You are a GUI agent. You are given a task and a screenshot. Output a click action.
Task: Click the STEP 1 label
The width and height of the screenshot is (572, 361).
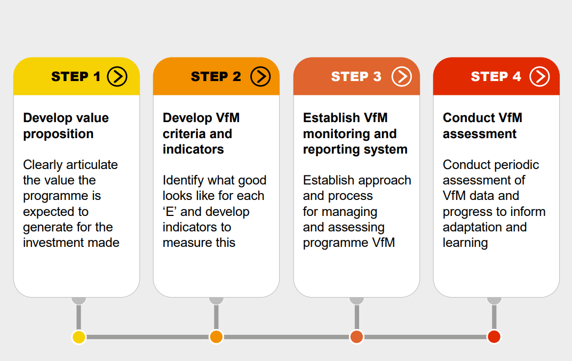pos(76,77)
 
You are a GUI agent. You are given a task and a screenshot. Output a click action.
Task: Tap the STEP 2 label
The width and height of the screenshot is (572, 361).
pos(216,77)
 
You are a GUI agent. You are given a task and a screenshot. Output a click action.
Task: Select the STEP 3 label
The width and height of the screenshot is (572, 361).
pos(356,77)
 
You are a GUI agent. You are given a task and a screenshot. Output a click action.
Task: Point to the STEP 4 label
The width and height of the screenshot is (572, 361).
pos(496,77)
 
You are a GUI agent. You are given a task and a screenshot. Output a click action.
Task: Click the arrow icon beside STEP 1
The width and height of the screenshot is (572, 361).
pos(117,77)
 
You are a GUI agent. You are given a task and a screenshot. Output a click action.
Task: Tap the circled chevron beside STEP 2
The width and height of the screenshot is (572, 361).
pos(260,77)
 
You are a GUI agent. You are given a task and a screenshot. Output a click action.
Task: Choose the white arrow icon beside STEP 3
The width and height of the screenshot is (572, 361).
pos(402,77)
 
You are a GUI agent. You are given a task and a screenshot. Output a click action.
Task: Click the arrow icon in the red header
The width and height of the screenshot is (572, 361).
pos(539,77)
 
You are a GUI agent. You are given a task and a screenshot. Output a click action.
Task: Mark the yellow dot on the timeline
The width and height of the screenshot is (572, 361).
pos(79,337)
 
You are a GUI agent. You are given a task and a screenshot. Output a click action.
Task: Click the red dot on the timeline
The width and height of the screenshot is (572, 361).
pos(494,337)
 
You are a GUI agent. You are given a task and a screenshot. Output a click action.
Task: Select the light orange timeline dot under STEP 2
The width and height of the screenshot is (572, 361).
pos(216,337)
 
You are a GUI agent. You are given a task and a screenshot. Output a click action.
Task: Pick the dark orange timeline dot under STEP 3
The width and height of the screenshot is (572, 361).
pos(356,337)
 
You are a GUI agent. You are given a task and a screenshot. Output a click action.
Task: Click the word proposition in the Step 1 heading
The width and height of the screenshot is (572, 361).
pos(58,134)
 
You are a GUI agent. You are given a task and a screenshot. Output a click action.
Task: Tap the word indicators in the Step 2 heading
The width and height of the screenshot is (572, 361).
pos(193,149)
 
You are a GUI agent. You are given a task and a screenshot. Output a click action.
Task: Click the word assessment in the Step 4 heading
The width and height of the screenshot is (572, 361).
pos(479,134)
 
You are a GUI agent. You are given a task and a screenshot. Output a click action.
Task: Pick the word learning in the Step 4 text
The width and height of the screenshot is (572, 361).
pos(465,243)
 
